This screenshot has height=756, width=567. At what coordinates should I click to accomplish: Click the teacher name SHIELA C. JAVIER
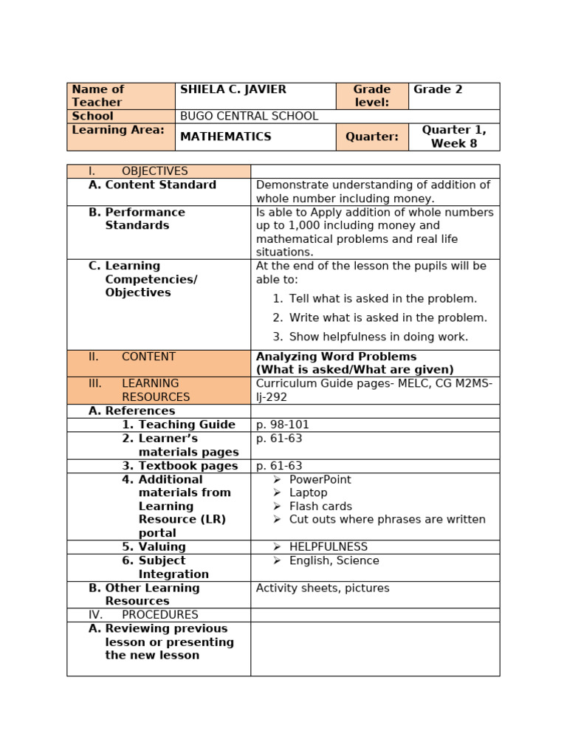click(x=233, y=90)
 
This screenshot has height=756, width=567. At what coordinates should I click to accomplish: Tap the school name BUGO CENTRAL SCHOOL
click(x=249, y=117)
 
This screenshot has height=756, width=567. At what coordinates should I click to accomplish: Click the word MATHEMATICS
click(x=225, y=137)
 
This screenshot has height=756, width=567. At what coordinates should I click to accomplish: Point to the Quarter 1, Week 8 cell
click(x=454, y=137)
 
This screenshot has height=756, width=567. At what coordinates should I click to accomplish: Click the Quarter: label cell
click(x=371, y=137)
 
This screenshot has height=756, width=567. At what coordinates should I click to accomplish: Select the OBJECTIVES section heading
click(x=154, y=171)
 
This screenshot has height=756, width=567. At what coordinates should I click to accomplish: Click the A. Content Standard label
click(x=152, y=185)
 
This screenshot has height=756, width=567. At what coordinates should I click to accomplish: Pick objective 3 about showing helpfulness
click(x=378, y=337)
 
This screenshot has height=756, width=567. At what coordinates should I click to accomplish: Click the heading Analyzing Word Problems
click(x=336, y=357)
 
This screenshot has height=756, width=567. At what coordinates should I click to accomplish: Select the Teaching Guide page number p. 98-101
click(x=283, y=425)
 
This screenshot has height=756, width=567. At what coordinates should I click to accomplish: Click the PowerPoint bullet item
click(x=320, y=480)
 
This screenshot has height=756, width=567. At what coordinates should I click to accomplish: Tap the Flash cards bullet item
click(x=320, y=506)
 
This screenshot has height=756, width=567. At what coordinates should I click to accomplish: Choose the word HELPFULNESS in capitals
click(x=328, y=547)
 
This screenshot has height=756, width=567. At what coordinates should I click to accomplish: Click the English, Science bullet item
click(x=334, y=561)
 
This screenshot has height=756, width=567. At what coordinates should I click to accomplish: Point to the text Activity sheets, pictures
click(x=323, y=588)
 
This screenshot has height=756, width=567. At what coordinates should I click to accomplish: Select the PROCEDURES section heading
click(x=159, y=615)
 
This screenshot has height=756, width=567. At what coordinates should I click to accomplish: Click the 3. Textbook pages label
click(x=179, y=467)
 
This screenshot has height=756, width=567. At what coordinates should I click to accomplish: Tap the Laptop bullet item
click(x=308, y=493)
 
